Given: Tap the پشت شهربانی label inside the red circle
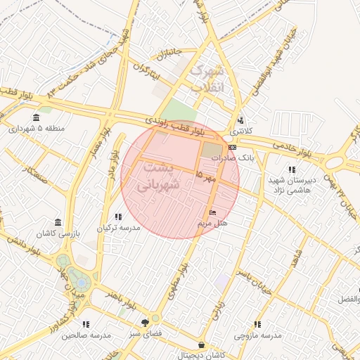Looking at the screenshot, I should [x=161, y=176].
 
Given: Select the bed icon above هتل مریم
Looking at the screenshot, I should [x=213, y=212].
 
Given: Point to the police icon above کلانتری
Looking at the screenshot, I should [x=240, y=120].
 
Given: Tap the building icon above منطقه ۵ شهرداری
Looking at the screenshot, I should [x=36, y=117].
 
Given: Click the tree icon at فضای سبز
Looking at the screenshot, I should [x=146, y=321].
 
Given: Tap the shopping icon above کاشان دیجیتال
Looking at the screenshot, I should [x=203, y=345].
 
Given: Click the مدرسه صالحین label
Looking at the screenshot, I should [x=86, y=335].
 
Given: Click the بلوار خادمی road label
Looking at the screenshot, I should [x=304, y=150].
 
